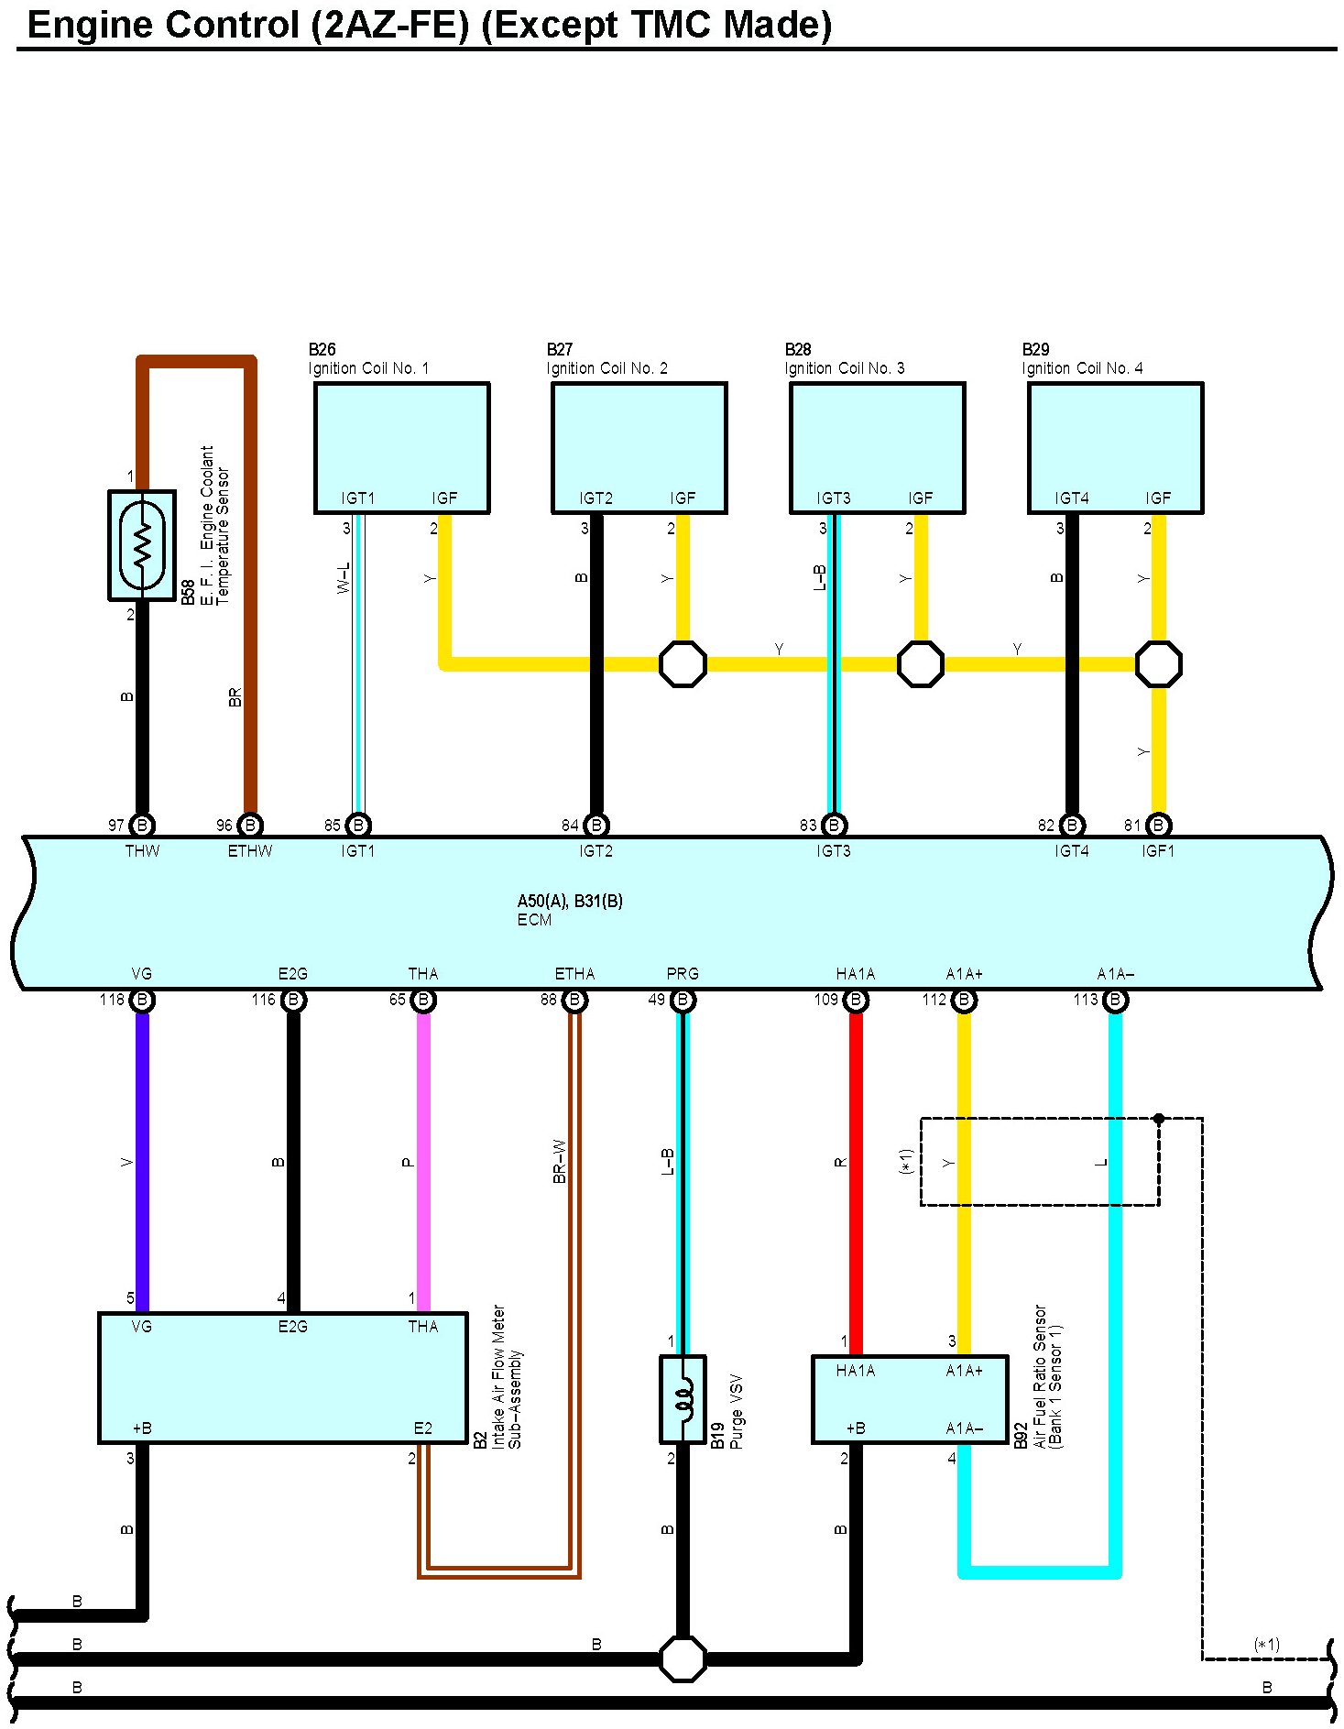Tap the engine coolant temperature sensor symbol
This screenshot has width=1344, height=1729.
(142, 545)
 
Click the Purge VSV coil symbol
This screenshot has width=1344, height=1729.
(683, 1399)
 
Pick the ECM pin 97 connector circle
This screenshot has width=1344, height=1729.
(142, 826)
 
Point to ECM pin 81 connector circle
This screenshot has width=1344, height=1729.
(1158, 826)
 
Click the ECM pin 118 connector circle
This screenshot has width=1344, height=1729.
(142, 1000)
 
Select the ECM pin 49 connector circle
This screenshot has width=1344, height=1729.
(683, 1000)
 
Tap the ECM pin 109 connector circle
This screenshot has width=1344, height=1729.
(856, 1000)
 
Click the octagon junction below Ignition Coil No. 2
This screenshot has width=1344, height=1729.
(683, 663)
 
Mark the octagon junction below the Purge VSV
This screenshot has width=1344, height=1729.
(683, 1658)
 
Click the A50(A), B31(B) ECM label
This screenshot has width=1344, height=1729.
(570, 902)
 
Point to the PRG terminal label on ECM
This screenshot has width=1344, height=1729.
(683, 974)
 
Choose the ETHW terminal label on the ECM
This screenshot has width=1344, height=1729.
(250, 851)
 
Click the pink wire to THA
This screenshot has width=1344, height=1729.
(423, 1164)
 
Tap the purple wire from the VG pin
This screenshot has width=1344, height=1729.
(142, 1164)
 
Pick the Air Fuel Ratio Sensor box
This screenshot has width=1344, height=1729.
(910, 1399)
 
